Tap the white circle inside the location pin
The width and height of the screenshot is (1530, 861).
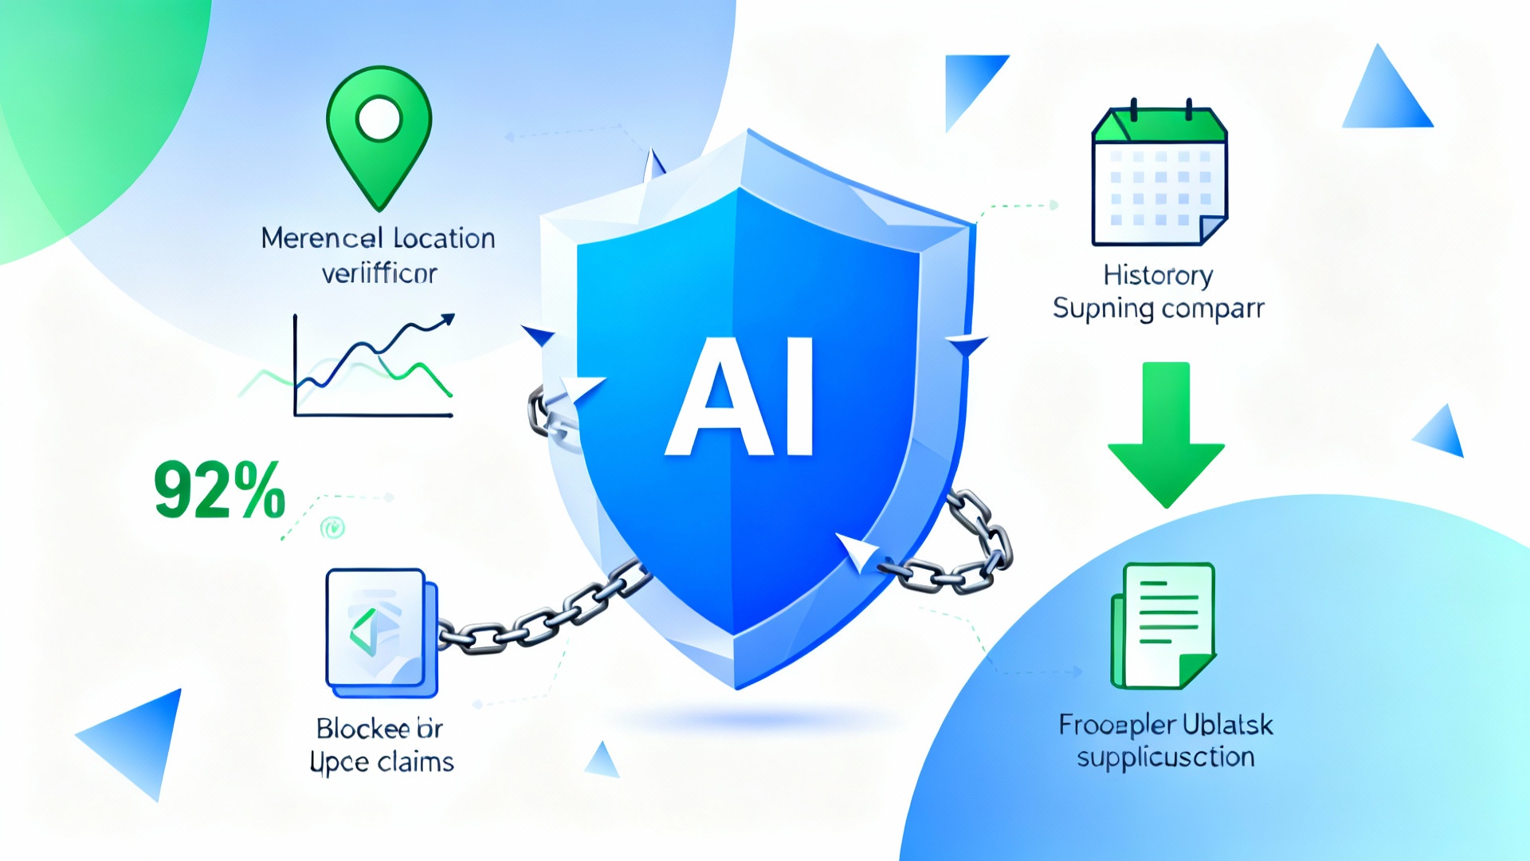(x=379, y=120)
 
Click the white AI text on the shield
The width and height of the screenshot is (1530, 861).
(x=739, y=397)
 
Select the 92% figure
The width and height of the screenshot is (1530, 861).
(x=219, y=489)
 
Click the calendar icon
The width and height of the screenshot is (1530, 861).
(x=1159, y=177)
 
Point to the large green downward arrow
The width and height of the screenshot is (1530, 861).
(x=1166, y=434)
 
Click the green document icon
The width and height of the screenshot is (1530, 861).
(x=1164, y=626)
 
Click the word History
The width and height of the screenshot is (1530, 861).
(x=1158, y=275)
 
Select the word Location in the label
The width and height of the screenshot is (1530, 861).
(x=444, y=238)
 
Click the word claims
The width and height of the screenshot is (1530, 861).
(x=415, y=762)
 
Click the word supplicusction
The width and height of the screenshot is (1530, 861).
(x=1165, y=757)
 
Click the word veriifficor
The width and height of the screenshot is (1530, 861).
(x=379, y=273)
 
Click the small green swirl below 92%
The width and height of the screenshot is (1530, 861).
(x=332, y=527)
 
